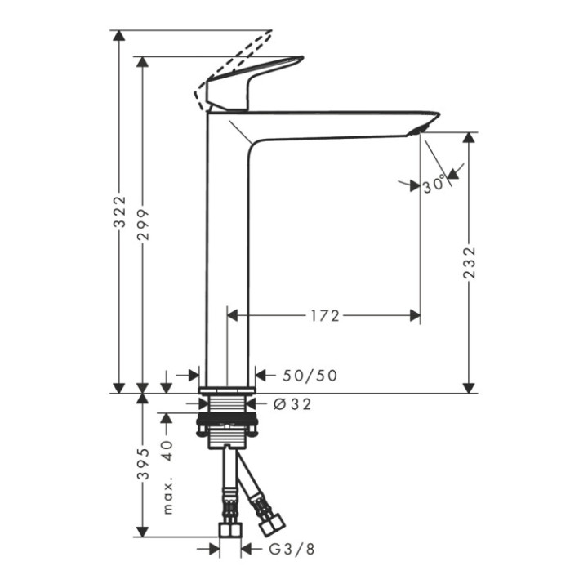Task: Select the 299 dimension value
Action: (143, 223)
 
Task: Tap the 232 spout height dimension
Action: (468, 263)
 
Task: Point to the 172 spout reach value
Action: (324, 315)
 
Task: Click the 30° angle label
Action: (434, 185)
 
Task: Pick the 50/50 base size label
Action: (310, 376)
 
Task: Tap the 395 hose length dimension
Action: (143, 465)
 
